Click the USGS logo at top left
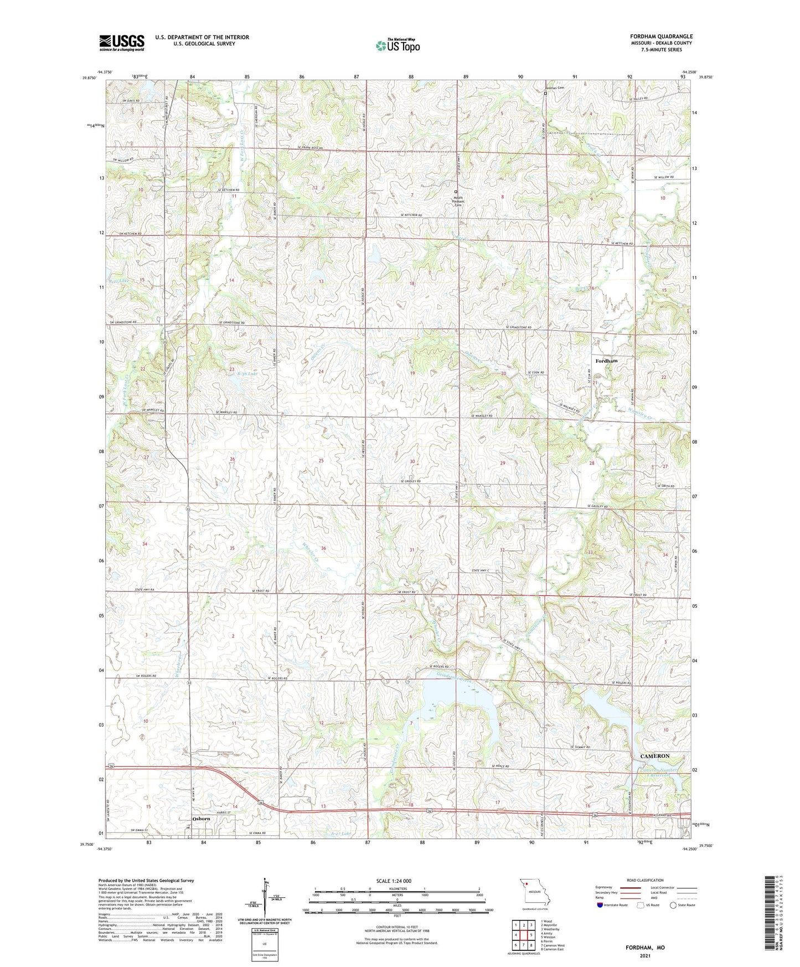[x=122, y=42]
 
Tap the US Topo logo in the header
[x=398, y=45]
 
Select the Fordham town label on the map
[x=606, y=361]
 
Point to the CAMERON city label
[x=655, y=755]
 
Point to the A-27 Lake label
[x=340, y=833]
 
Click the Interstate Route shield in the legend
[x=600, y=905]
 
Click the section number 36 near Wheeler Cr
[x=324, y=548]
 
